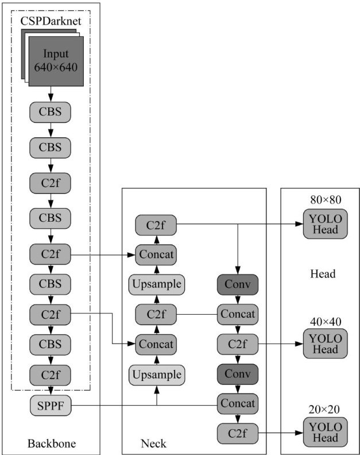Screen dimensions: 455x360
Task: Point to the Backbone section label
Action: click(51, 443)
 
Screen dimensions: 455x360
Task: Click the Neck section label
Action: click(153, 443)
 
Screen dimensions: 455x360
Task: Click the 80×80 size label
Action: click(325, 200)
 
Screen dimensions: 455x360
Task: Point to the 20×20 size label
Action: click(325, 410)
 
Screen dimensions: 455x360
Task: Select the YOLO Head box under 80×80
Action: click(325, 226)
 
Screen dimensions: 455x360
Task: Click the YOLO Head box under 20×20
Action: click(325, 433)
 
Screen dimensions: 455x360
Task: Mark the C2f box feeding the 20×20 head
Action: click(237, 433)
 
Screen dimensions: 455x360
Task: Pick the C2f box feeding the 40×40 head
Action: click(237, 344)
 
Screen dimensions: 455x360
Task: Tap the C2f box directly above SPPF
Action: click(50, 376)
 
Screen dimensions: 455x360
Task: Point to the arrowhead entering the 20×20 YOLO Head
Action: click(299, 433)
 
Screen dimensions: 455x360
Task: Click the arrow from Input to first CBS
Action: click(51, 94)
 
